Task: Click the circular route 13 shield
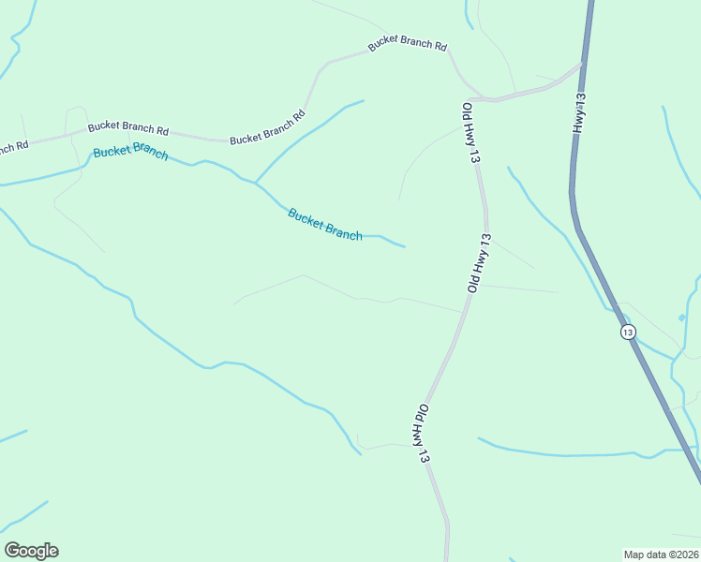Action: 627,332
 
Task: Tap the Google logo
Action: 31,551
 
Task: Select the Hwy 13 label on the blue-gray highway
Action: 580,114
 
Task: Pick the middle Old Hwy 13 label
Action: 479,264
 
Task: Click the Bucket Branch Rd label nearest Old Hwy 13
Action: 407,44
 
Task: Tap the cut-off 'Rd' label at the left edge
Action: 13,147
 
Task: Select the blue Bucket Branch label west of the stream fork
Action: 130,151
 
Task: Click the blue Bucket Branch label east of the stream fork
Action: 324,224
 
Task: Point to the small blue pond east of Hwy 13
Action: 681,318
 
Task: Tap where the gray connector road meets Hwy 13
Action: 582,65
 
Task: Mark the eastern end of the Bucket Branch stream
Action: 404,246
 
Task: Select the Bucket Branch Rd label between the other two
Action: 267,129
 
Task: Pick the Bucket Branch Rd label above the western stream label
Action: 127,128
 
